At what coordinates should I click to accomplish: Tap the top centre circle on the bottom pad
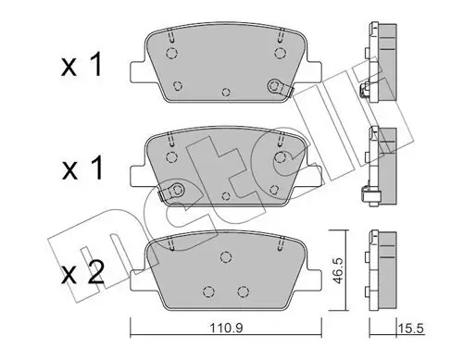click(x=222, y=256)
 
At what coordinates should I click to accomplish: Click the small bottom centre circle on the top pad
click(x=228, y=92)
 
